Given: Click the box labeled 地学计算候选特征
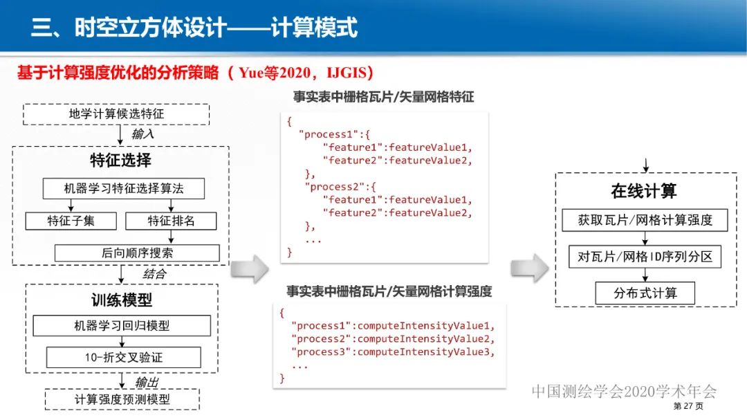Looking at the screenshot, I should [x=116, y=114].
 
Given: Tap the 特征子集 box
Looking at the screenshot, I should [x=71, y=221].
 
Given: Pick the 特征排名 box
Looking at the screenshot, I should [x=171, y=221].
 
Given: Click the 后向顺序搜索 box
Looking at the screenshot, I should [x=137, y=253].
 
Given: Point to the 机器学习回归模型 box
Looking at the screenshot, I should [x=122, y=325].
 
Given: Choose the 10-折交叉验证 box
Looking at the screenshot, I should [x=123, y=358].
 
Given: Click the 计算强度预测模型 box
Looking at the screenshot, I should [x=122, y=399].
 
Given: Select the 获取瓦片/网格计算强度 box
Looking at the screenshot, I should [x=645, y=221].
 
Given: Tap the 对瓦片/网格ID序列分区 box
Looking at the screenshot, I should [x=645, y=257].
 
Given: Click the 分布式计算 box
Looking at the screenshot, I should [x=645, y=293].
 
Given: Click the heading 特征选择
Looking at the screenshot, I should [x=120, y=161].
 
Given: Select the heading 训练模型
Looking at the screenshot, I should [x=122, y=300].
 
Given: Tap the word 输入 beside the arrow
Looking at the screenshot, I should [x=142, y=134].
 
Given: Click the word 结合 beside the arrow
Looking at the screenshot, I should [x=154, y=273].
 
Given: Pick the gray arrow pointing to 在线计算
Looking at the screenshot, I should [x=529, y=268].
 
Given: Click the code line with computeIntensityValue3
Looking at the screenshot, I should [x=394, y=352].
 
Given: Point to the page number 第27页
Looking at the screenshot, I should [x=688, y=406].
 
